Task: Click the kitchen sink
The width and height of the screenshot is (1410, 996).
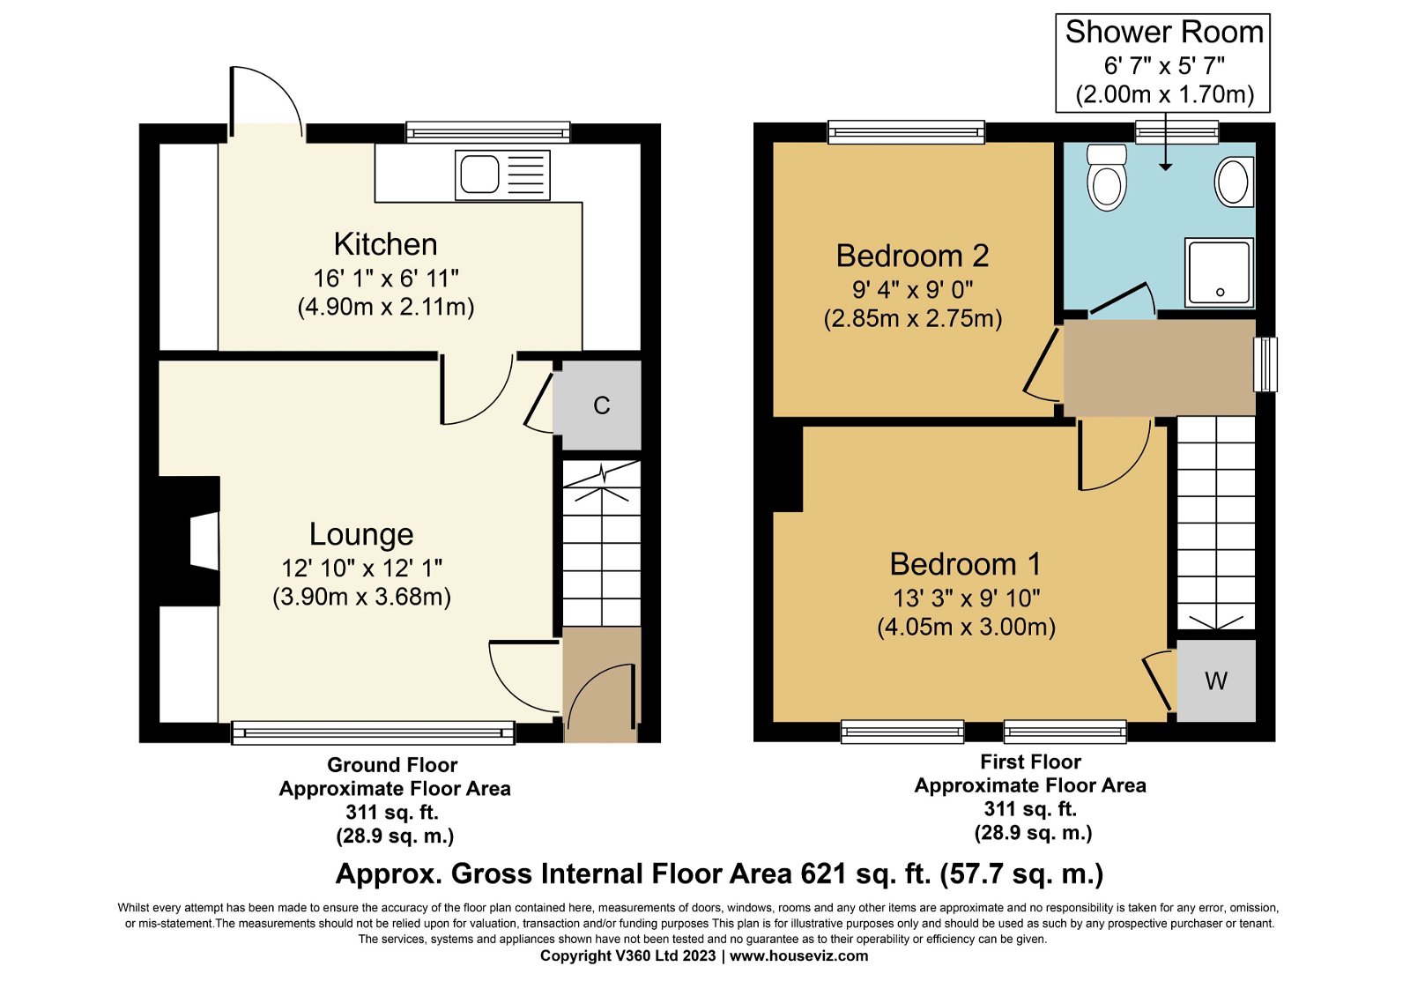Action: (x=502, y=175)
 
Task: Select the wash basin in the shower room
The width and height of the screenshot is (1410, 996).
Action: (x=1234, y=182)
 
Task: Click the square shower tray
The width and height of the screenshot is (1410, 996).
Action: (x=1219, y=271)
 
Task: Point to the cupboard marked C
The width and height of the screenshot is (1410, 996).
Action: (x=601, y=405)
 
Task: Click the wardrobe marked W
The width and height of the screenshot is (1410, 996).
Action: (x=1216, y=680)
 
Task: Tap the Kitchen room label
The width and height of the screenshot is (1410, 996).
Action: (x=385, y=244)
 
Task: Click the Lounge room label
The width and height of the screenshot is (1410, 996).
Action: (x=361, y=534)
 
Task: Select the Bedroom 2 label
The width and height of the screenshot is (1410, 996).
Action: (x=912, y=256)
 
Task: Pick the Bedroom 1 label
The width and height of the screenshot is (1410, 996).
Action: (x=965, y=564)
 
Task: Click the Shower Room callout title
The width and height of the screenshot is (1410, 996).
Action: (x=1163, y=33)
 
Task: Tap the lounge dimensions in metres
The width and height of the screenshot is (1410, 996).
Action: (x=361, y=597)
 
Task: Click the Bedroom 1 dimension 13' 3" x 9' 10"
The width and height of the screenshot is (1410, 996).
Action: (x=966, y=598)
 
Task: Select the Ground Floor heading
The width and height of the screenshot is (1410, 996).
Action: (x=392, y=765)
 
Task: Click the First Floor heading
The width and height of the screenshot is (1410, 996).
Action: (x=1030, y=762)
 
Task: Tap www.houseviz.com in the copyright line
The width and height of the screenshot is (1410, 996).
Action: (x=798, y=955)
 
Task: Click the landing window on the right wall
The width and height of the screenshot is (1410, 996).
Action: (x=1265, y=364)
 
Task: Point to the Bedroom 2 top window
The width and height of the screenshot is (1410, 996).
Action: (x=906, y=132)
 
